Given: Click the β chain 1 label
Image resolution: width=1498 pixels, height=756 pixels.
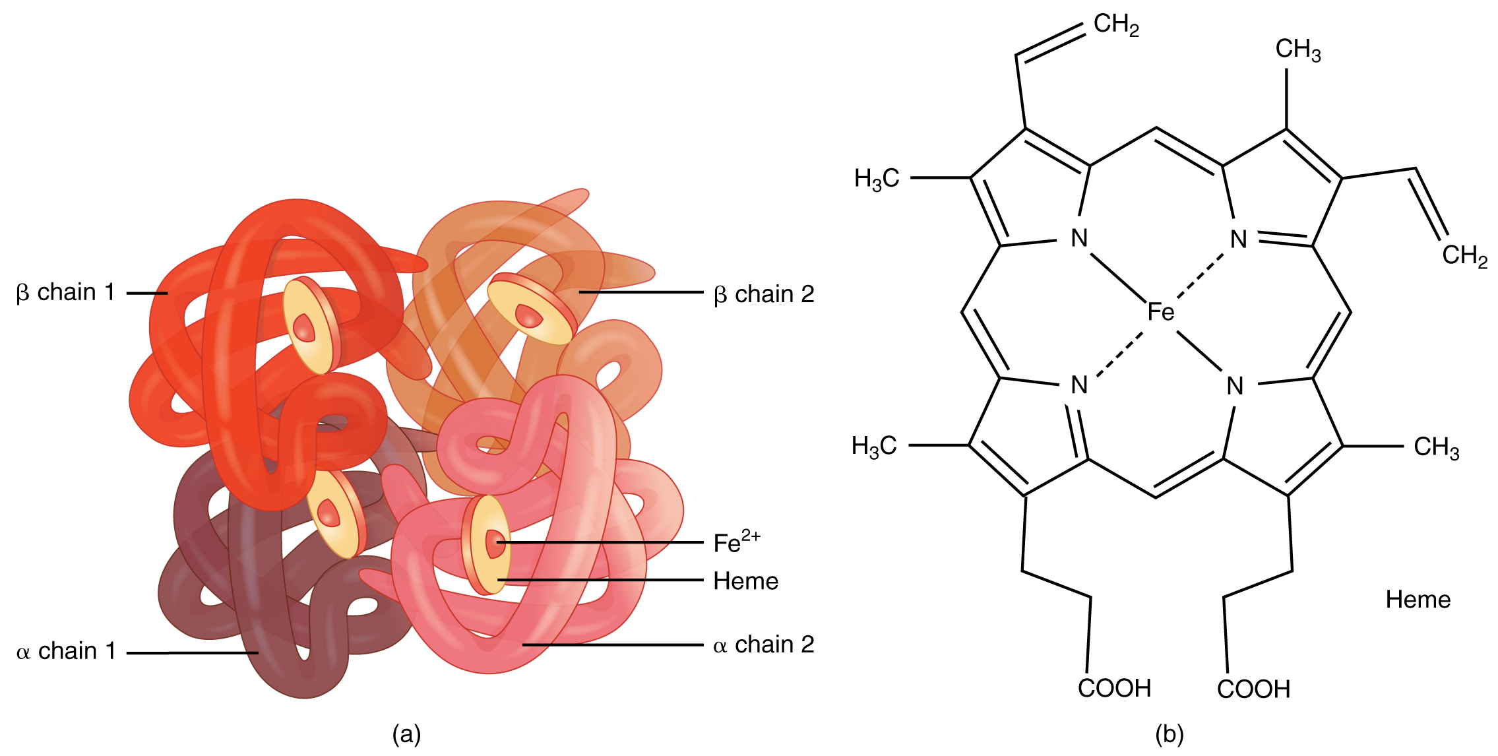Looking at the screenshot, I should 65,292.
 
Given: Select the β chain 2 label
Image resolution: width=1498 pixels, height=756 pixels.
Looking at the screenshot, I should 764,294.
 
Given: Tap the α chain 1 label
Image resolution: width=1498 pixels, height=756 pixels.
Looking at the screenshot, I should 66,651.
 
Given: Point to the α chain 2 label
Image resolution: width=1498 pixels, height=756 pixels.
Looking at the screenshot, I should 763,645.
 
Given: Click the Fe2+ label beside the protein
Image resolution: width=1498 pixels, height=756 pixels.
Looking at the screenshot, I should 736,542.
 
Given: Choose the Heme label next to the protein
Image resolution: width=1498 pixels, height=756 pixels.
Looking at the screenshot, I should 745,581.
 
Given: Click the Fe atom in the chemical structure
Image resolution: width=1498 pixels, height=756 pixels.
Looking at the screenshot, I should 1160,311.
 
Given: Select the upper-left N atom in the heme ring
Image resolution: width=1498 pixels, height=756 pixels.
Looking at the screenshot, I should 1079,238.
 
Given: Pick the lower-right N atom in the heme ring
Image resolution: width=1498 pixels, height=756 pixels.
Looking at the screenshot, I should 1235,386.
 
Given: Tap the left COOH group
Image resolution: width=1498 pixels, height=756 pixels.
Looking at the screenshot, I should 1114,688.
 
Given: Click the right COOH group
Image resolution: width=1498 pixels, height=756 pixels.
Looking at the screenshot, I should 1253,689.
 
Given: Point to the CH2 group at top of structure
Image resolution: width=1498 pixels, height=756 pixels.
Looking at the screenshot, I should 1116,25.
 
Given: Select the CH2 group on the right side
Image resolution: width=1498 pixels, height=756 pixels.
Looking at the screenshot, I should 1464,256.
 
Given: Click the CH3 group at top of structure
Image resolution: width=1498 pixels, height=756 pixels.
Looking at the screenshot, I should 1297,49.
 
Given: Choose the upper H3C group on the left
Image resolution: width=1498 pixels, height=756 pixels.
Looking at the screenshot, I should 877,179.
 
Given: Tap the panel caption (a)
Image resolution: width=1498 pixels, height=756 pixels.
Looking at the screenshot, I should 406,734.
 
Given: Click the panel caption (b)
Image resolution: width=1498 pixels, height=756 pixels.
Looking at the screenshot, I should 1169,734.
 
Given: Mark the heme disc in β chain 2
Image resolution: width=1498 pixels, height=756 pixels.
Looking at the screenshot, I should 531,310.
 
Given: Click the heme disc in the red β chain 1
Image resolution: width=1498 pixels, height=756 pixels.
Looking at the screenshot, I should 310,326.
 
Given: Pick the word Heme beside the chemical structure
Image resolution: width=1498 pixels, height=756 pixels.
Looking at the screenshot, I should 1418,600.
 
